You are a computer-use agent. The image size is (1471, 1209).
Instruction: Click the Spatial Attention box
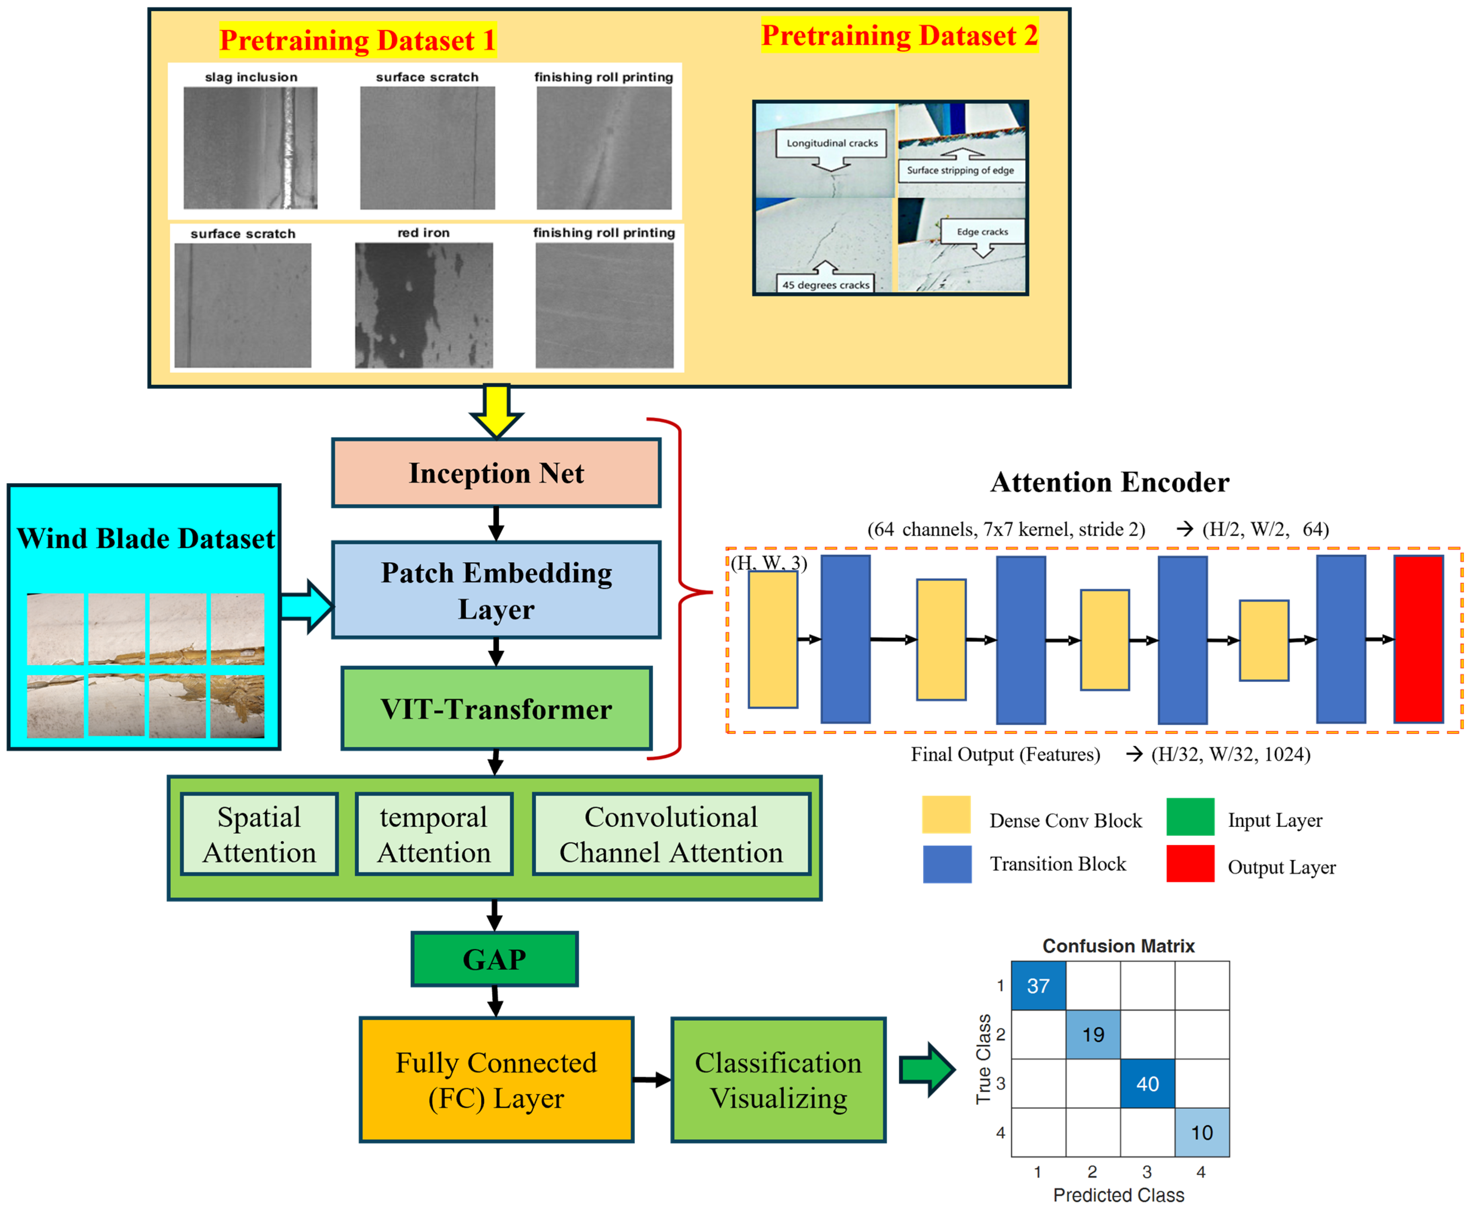[x=259, y=834]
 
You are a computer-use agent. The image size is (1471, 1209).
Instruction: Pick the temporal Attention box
[x=433, y=834]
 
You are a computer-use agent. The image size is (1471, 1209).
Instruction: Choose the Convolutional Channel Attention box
[x=671, y=834]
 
